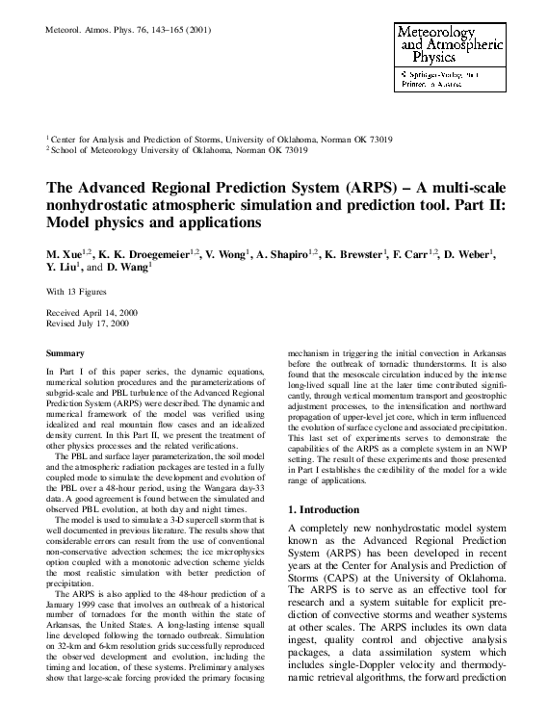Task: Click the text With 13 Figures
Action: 79,291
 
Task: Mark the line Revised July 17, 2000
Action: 87,325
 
